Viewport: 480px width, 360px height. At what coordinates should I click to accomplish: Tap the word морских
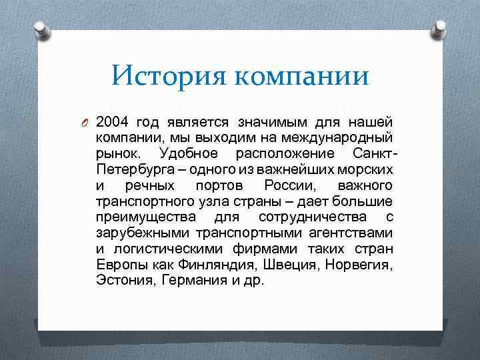[366, 169]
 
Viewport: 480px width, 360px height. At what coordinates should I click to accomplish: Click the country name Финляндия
[225, 265]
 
